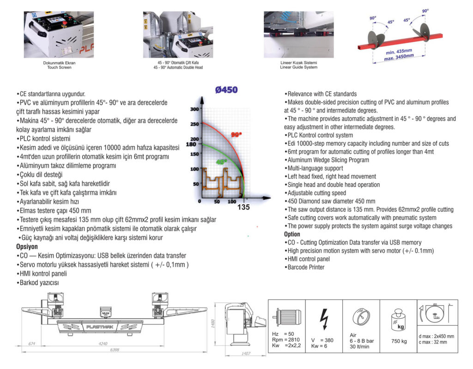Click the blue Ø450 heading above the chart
click(x=226, y=90)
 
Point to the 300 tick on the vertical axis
click(x=194, y=109)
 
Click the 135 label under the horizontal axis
click(x=243, y=207)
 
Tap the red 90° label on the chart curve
click(x=236, y=135)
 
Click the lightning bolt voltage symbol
click(x=324, y=318)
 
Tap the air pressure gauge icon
click(x=361, y=318)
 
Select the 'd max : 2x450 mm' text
click(x=436, y=336)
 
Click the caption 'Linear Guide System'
click(x=298, y=67)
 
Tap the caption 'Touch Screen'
click(x=59, y=67)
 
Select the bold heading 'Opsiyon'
click(x=27, y=247)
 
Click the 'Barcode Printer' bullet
click(x=305, y=267)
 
